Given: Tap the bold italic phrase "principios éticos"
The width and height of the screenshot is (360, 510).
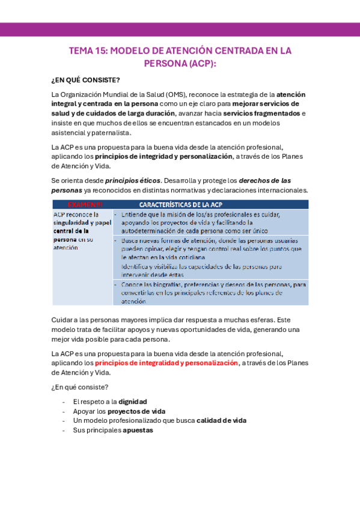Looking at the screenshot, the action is pyautogui.click(x=133, y=180).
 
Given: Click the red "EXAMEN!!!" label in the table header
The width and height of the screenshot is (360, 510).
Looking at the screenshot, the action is pyautogui.click(x=84, y=204).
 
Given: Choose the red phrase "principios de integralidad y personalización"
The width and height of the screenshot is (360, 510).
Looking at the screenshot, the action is pyautogui.click(x=166, y=363).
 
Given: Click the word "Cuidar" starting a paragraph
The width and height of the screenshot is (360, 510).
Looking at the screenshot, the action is pyautogui.click(x=63, y=320).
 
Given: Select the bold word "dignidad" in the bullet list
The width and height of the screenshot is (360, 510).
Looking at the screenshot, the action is pyautogui.click(x=132, y=401).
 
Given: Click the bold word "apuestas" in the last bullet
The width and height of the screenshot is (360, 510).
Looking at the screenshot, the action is pyautogui.click(x=138, y=430).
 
